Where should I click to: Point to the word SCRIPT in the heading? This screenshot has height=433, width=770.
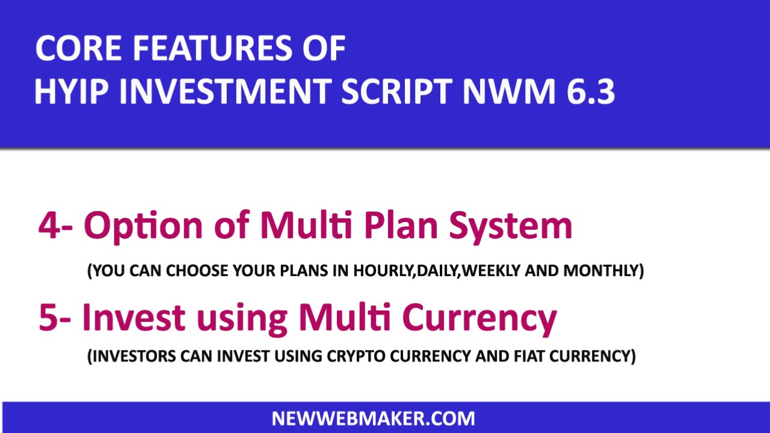pyautogui.click(x=396, y=92)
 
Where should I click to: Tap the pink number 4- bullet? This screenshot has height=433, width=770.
pyautogui.click(x=56, y=226)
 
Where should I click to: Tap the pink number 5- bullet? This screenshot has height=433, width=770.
pyautogui.click(x=55, y=318)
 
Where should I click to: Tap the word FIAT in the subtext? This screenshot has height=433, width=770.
pyautogui.click(x=532, y=357)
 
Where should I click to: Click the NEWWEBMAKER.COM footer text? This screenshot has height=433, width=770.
pyautogui.click(x=373, y=419)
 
